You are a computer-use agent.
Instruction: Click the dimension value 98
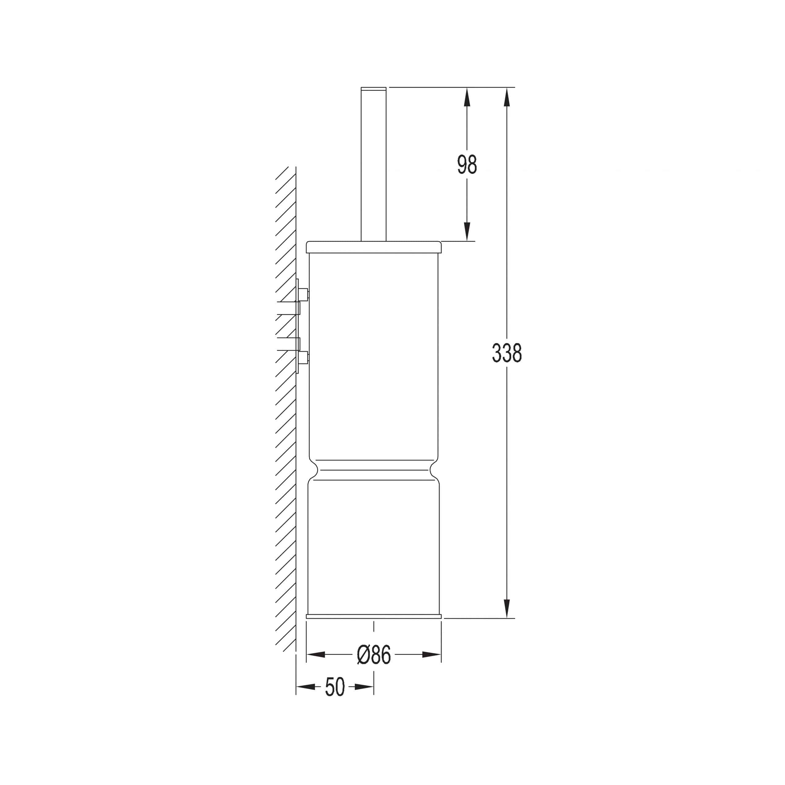(x=467, y=165)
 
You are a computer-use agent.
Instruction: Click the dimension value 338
(x=507, y=353)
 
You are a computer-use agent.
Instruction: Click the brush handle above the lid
(x=373, y=164)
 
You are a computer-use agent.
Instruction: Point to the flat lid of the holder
(x=373, y=247)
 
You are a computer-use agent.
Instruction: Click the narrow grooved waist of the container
(x=373, y=470)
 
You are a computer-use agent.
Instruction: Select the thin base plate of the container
(x=373, y=616)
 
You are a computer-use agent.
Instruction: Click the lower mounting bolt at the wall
(x=303, y=358)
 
